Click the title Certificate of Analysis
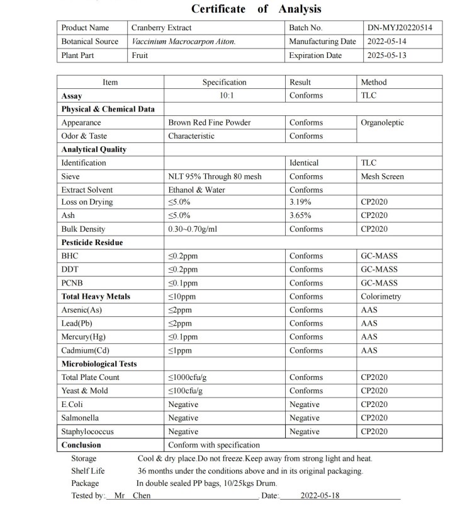[x=256, y=9]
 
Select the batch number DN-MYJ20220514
[x=404, y=28]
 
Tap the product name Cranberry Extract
[x=161, y=28]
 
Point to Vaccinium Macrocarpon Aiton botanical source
[x=183, y=42]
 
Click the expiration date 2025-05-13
[x=386, y=55]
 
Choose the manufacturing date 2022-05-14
[x=386, y=42]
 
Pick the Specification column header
[x=224, y=83]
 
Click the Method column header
[x=374, y=83]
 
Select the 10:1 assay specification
[x=224, y=96]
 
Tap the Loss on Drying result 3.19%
[x=300, y=202]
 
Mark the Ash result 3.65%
[x=300, y=215]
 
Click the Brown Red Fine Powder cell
[x=209, y=123]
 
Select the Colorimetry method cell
[x=381, y=296]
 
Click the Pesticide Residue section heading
[x=92, y=243]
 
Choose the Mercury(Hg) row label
[x=84, y=337]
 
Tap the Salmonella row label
[x=80, y=418]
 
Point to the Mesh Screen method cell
[x=382, y=176]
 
